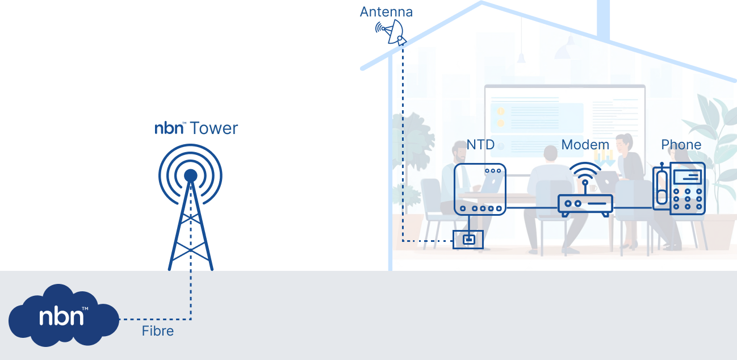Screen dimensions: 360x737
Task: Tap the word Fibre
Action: point(157,331)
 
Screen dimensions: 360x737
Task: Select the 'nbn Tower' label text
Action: point(196,128)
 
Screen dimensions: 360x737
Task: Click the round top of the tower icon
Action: point(191,175)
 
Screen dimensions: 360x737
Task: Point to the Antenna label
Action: point(386,12)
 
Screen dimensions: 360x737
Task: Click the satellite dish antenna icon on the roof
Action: point(391,31)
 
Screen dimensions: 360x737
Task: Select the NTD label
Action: point(480,145)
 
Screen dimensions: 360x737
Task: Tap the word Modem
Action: point(585,145)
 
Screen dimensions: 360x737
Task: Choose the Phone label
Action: point(681,145)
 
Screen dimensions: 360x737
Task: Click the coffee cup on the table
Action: point(592,188)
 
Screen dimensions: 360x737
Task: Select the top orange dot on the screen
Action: point(501,111)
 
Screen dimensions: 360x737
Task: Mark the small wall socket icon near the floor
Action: point(467,240)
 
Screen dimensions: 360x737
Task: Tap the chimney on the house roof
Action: point(603,20)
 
